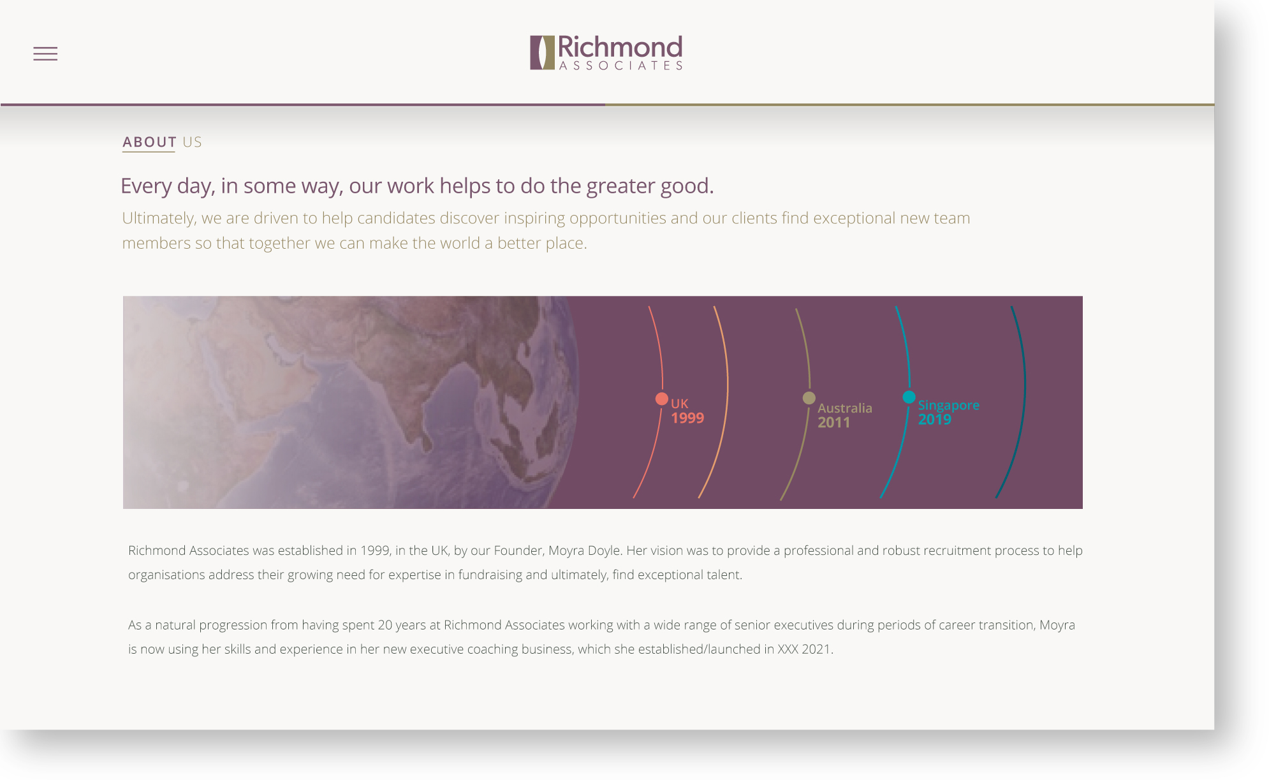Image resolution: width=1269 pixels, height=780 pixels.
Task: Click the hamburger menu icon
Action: (x=45, y=54)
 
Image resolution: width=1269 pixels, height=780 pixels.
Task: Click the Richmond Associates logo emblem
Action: (x=542, y=52)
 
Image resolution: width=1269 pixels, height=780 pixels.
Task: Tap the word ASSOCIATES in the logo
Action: (x=620, y=65)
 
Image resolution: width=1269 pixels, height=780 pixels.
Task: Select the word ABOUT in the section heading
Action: (x=149, y=142)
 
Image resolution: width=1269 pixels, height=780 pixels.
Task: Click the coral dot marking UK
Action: (x=662, y=399)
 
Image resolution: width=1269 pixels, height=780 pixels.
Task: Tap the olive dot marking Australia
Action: (x=809, y=398)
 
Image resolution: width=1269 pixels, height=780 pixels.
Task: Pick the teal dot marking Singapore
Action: (x=909, y=397)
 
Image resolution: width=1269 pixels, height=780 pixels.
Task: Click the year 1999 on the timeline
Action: (x=687, y=418)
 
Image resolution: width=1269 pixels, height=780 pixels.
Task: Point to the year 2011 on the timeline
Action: (x=834, y=422)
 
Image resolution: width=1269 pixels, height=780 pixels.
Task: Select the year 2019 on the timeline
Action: (x=935, y=419)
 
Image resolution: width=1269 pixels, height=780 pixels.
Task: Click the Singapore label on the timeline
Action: (x=948, y=405)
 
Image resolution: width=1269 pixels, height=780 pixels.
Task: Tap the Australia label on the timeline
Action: (x=845, y=408)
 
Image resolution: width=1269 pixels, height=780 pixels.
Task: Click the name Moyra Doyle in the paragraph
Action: (x=585, y=550)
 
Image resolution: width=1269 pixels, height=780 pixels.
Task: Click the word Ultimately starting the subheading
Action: (x=159, y=218)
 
